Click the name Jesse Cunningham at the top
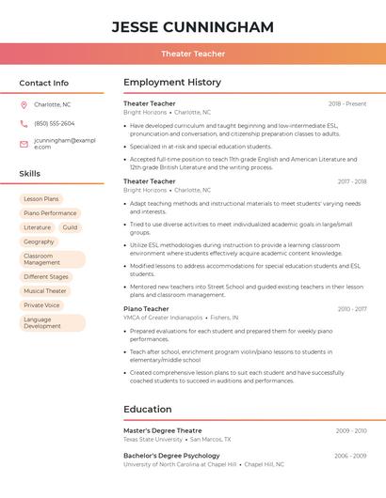point(193,26)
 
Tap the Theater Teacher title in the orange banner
point(193,54)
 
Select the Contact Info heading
point(44,83)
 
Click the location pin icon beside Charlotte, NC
point(24,105)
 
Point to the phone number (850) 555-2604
point(55,123)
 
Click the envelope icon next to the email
point(24,144)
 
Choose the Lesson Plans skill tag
point(40,199)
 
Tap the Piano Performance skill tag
point(50,213)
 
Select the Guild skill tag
point(71,227)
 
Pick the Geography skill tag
point(39,241)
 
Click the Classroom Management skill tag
point(52,259)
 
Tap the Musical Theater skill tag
point(45,291)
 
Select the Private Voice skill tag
point(41,305)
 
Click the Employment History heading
point(171,83)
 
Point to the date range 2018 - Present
point(347,103)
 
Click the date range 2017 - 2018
point(351,181)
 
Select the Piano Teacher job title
point(146,309)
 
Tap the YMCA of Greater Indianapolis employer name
point(163,318)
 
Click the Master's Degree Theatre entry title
point(162,430)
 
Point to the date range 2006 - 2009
point(351,456)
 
